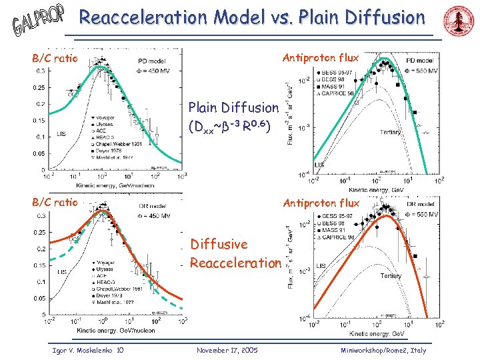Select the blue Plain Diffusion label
tap(233, 107)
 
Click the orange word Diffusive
tap(219, 245)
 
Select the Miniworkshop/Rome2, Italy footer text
tap(383, 350)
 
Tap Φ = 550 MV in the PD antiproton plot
tap(421, 70)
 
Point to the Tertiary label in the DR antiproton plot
tap(390, 275)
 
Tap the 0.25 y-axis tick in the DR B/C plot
tap(41, 232)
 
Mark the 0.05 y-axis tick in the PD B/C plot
tap(40, 153)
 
